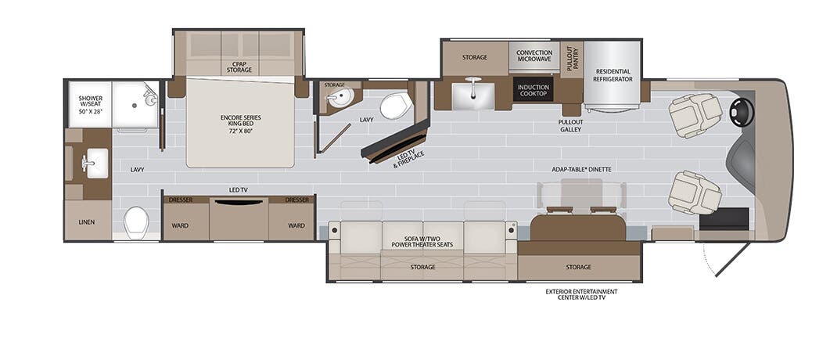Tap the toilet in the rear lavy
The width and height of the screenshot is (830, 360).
(137, 222)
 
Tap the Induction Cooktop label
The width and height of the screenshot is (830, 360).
(534, 91)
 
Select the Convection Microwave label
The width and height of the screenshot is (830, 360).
(534, 57)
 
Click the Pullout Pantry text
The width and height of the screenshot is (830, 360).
(571, 58)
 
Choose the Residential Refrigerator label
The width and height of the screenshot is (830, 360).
(613, 75)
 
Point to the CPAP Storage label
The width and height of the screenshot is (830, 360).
(240, 67)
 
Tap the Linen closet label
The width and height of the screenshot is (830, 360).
(86, 221)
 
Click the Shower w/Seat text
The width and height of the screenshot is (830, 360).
(90, 104)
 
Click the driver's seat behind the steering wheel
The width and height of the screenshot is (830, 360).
(693, 114)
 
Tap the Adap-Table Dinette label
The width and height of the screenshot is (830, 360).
(580, 169)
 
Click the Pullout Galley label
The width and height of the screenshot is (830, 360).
(570, 126)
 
